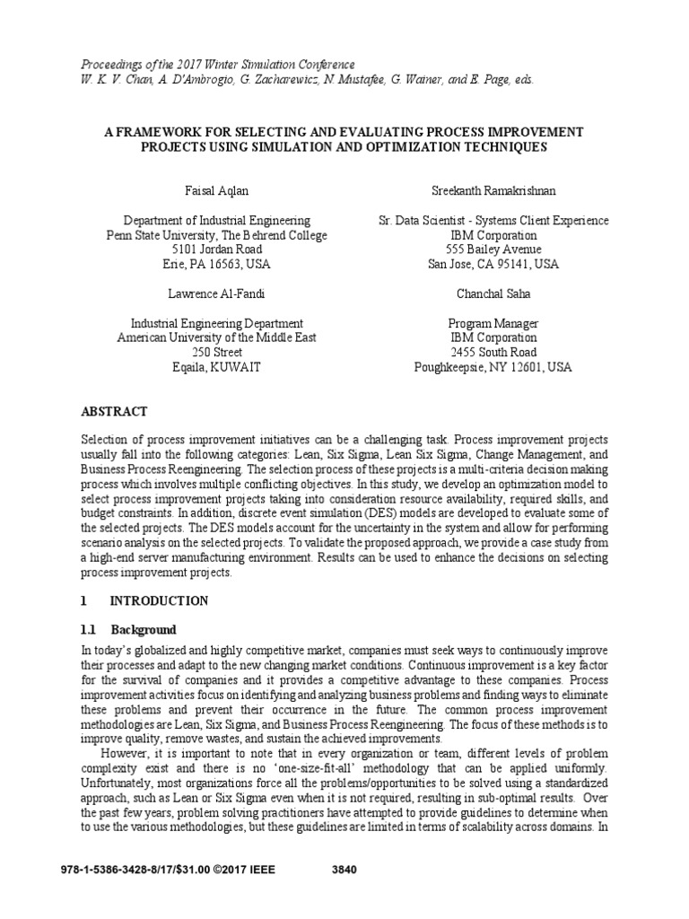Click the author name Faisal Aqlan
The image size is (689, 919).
point(217,191)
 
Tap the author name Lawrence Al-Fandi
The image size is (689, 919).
point(217,293)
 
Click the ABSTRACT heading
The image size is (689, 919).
point(114,411)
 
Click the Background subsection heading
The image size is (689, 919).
point(143,629)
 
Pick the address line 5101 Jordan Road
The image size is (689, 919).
point(217,249)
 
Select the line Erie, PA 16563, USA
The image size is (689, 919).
point(217,265)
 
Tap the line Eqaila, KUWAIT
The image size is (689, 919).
point(217,367)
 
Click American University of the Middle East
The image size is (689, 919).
point(217,337)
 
